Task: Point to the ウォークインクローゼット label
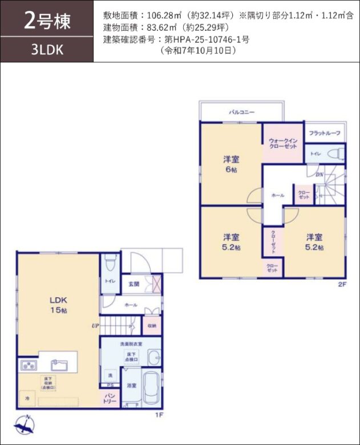[x=282, y=143]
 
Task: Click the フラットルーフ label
[x=325, y=133]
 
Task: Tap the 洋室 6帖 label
[x=230, y=165]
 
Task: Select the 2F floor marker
[x=342, y=284]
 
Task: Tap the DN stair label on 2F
[x=319, y=175]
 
